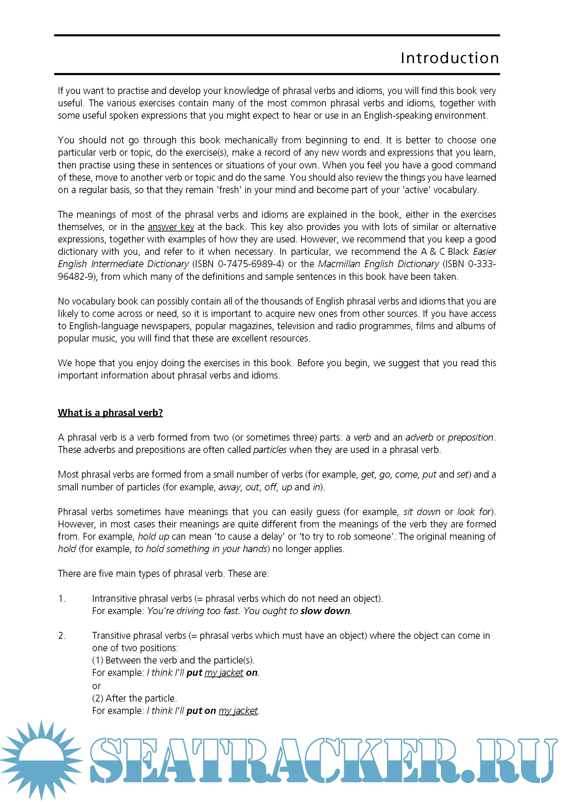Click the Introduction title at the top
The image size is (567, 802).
tap(450, 58)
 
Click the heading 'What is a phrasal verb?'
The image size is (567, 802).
tap(110, 412)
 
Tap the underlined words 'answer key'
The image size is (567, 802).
tap(171, 227)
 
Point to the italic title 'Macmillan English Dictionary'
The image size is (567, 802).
tap(378, 264)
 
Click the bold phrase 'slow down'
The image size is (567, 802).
tap(325, 611)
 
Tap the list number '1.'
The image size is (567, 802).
tap(62, 599)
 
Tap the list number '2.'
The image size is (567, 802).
tap(62, 636)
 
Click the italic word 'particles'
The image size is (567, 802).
tap(270, 450)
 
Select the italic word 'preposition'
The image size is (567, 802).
tap(470, 437)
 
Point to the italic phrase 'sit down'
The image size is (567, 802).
tap(422, 512)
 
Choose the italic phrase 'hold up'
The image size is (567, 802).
tap(153, 537)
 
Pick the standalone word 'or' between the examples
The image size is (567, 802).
tap(96, 686)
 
